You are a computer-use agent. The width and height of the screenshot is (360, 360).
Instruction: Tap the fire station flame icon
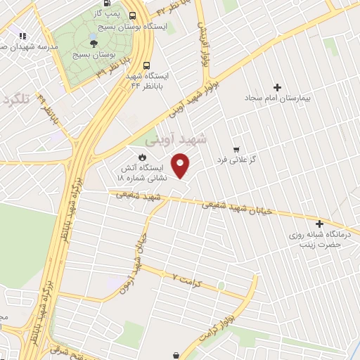[143, 157]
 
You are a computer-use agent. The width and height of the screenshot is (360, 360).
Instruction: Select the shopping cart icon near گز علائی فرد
[236, 150]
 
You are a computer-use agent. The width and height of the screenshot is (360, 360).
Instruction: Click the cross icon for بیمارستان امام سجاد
[277, 88]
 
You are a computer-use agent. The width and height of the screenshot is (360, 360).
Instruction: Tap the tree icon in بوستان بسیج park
[94, 42]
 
